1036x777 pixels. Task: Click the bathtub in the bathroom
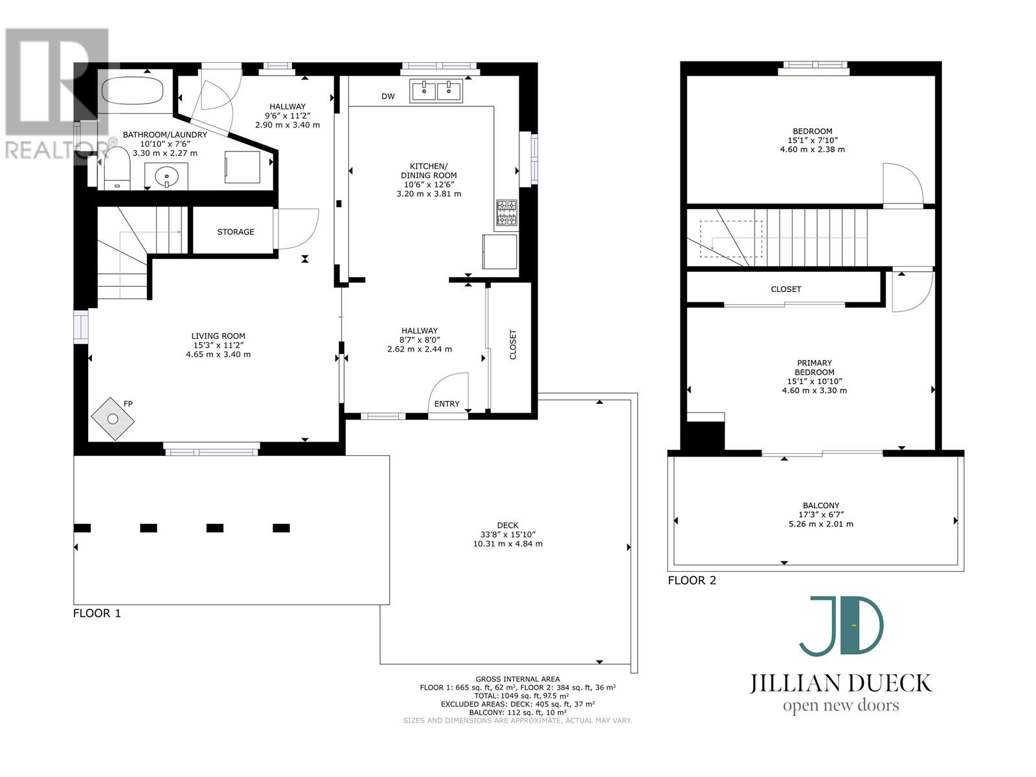pyautogui.click(x=133, y=90)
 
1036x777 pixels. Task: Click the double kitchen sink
pyautogui.click(x=436, y=91)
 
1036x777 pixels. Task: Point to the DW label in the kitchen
pyautogui.click(x=388, y=96)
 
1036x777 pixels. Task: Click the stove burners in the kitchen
pyautogui.click(x=506, y=213)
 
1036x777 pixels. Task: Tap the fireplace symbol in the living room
pyautogui.click(x=113, y=418)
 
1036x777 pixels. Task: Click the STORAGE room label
pyautogui.click(x=236, y=232)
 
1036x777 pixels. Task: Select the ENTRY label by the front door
pyautogui.click(x=447, y=404)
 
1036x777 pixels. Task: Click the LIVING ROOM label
pyautogui.click(x=218, y=336)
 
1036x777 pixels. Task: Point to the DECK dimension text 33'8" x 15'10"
pyautogui.click(x=508, y=535)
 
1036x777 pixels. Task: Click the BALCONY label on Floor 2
pyautogui.click(x=821, y=505)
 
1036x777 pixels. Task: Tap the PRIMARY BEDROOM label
pyautogui.click(x=814, y=368)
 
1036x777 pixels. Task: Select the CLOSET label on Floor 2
pyautogui.click(x=786, y=289)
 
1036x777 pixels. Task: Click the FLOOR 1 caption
pyautogui.click(x=96, y=613)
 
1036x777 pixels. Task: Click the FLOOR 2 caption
pyautogui.click(x=692, y=580)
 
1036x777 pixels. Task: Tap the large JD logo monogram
pyautogui.click(x=841, y=626)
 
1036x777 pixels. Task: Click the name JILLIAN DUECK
pyautogui.click(x=841, y=683)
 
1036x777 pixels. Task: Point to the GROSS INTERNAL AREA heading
pyautogui.click(x=517, y=679)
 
